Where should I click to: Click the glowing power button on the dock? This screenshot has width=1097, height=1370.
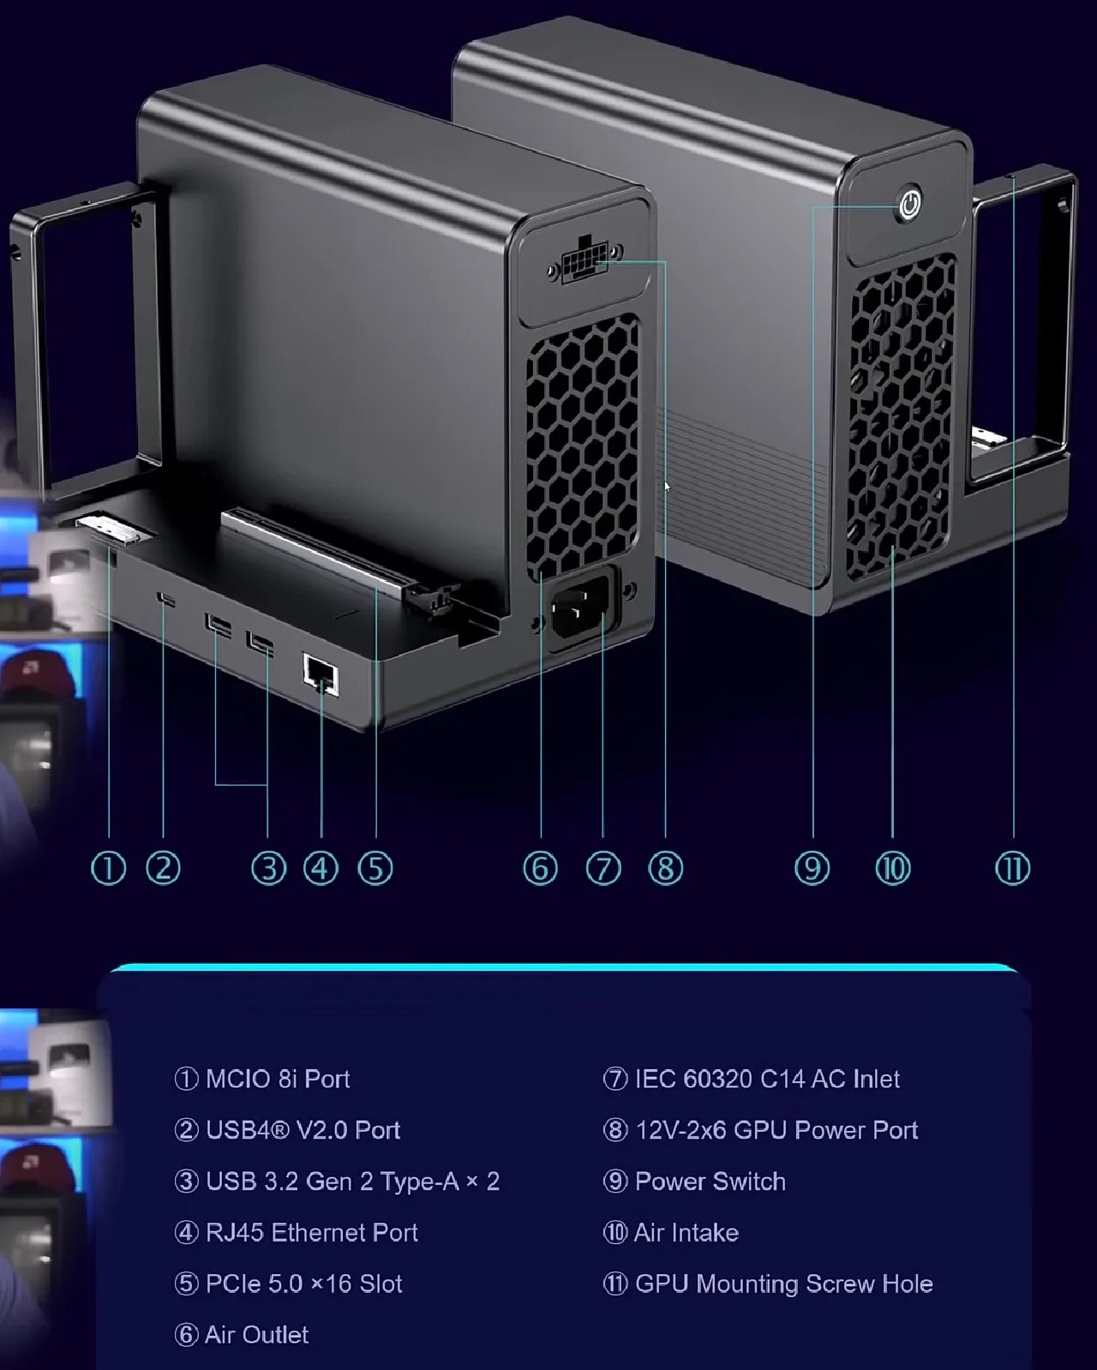[909, 205]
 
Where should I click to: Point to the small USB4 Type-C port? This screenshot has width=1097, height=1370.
[167, 599]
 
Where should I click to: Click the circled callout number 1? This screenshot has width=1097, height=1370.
[109, 868]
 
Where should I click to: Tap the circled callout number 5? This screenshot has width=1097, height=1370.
[375, 868]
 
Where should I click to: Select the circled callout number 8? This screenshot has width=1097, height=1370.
[666, 868]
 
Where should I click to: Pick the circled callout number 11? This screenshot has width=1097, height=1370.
[1012, 868]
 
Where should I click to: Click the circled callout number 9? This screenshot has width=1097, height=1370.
[812, 868]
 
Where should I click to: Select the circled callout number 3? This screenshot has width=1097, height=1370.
[268, 868]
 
